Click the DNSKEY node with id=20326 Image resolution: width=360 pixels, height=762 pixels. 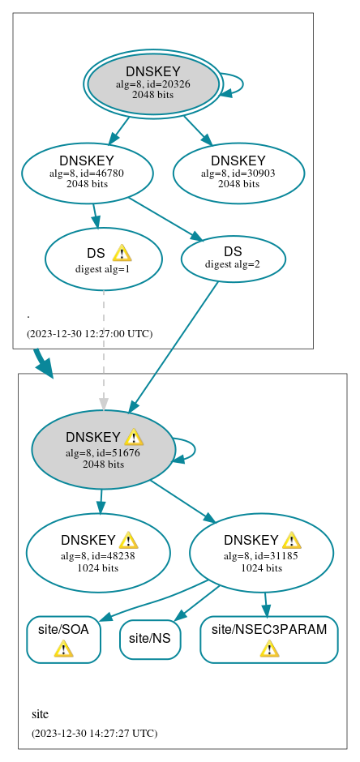coord(152,83)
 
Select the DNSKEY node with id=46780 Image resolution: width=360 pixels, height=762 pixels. coord(87,173)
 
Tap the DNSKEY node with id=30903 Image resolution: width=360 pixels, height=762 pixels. coord(238,173)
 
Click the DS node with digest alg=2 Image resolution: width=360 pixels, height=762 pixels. coord(233,258)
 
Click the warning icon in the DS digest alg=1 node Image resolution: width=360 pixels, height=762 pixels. coord(122,253)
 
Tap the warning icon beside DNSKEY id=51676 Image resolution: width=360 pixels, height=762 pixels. coord(134,438)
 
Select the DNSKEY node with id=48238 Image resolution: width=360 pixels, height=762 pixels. coord(97,553)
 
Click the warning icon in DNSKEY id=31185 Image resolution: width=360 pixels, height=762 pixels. coord(291,540)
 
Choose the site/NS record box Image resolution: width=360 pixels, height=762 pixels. coord(150,639)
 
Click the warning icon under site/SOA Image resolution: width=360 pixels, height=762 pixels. coord(63,649)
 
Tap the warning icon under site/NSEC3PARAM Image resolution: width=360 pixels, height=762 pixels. coord(268,649)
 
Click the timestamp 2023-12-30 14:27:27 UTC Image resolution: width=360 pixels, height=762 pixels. coord(94,733)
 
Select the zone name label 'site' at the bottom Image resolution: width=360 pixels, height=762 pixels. coord(40,714)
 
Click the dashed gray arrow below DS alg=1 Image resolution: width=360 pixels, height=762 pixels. coord(103,349)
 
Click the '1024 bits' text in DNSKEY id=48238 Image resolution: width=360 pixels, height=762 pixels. coord(97,567)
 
